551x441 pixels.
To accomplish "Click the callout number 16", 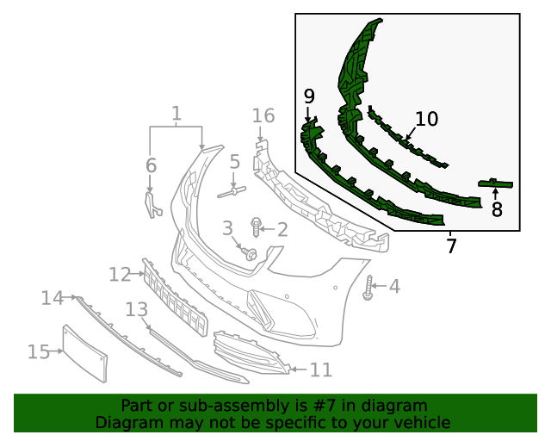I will (x=263, y=115).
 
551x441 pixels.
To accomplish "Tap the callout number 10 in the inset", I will (x=426, y=119).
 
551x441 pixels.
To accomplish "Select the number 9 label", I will (x=309, y=95).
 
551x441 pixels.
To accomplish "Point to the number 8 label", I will (x=497, y=209).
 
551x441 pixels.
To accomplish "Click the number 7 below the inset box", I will (x=451, y=246).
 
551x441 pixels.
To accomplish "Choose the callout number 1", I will (x=176, y=114).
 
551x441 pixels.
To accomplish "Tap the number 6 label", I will (x=151, y=165).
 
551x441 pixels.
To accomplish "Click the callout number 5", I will (x=234, y=162).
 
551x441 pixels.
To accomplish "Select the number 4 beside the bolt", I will (x=394, y=286).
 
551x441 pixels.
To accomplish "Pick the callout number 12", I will (x=120, y=274).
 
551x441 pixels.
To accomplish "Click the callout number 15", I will (x=39, y=351).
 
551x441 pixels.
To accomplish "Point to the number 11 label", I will (x=320, y=370).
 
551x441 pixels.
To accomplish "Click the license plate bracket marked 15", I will (x=85, y=353).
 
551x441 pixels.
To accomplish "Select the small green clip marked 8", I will (x=496, y=183).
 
